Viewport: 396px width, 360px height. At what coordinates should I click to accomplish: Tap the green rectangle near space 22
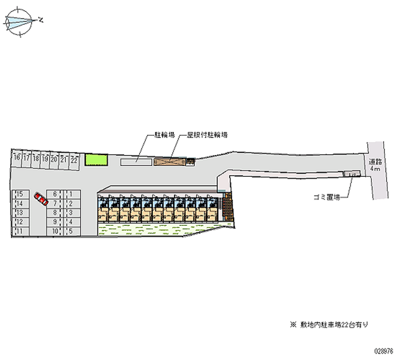[96, 159]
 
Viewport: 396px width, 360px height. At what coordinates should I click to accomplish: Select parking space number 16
[17, 158]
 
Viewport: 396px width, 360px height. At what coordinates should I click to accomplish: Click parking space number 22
[74, 159]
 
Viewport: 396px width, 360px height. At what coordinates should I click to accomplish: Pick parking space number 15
[20, 194]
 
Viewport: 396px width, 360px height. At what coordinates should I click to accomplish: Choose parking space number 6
[55, 194]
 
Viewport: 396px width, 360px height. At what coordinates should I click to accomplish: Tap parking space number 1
[72, 194]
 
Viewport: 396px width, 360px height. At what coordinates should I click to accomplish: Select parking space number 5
[72, 231]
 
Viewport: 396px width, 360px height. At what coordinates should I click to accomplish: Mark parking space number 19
[45, 159]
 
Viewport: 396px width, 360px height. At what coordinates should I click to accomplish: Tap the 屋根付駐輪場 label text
[207, 134]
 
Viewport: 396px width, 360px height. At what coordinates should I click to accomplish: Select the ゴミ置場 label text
[326, 197]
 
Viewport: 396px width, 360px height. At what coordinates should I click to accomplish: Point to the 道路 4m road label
[375, 164]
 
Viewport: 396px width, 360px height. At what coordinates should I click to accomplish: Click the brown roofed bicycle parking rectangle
[169, 161]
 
